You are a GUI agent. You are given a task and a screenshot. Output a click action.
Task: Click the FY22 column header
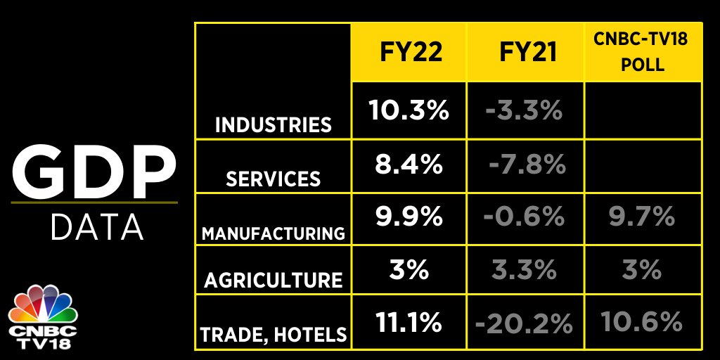[409, 53]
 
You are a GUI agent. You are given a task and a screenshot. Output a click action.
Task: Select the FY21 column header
[524, 53]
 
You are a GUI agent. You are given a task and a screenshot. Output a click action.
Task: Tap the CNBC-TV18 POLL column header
[643, 53]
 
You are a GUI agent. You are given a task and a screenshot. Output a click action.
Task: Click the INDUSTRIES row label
[274, 126]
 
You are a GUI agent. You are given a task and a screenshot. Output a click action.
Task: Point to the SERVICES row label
[274, 179]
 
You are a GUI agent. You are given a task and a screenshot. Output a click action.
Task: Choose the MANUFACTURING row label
[274, 233]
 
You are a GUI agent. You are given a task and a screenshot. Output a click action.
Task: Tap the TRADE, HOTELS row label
[274, 335]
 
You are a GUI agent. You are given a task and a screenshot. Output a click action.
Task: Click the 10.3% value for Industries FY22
[409, 110]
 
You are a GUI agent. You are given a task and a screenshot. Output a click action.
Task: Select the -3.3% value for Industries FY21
[524, 110]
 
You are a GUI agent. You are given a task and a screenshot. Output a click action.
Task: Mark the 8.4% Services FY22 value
[409, 165]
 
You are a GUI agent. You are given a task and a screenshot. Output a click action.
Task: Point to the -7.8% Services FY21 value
[528, 165]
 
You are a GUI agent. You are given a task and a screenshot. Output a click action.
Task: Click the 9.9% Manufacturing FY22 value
[409, 217]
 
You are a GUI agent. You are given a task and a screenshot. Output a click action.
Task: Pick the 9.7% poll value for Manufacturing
[641, 217]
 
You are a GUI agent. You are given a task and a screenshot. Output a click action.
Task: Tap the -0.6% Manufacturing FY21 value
[524, 217]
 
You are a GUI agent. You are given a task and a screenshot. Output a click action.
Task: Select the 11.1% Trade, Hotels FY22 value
[409, 322]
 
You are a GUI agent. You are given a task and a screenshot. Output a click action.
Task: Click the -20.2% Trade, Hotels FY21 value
[524, 323]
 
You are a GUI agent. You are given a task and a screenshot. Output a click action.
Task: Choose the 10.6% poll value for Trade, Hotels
[642, 322]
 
